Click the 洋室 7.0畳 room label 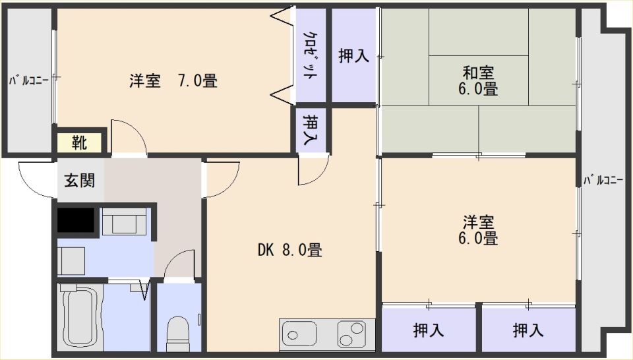coord(173,81)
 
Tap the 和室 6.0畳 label coord(478,80)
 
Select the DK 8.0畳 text coord(290,251)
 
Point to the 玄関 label coord(80,181)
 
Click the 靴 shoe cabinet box coord(80,142)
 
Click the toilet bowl coord(177,334)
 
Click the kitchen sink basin coord(299,334)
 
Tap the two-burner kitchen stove coord(352,334)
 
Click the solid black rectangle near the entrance coord(76,220)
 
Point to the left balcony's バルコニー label coord(29,80)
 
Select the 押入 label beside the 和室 coord(353,55)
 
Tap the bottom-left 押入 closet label coord(429,330)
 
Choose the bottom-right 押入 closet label coord(528,330)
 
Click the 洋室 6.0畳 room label coord(478,231)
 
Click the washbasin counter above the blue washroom coord(124,221)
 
